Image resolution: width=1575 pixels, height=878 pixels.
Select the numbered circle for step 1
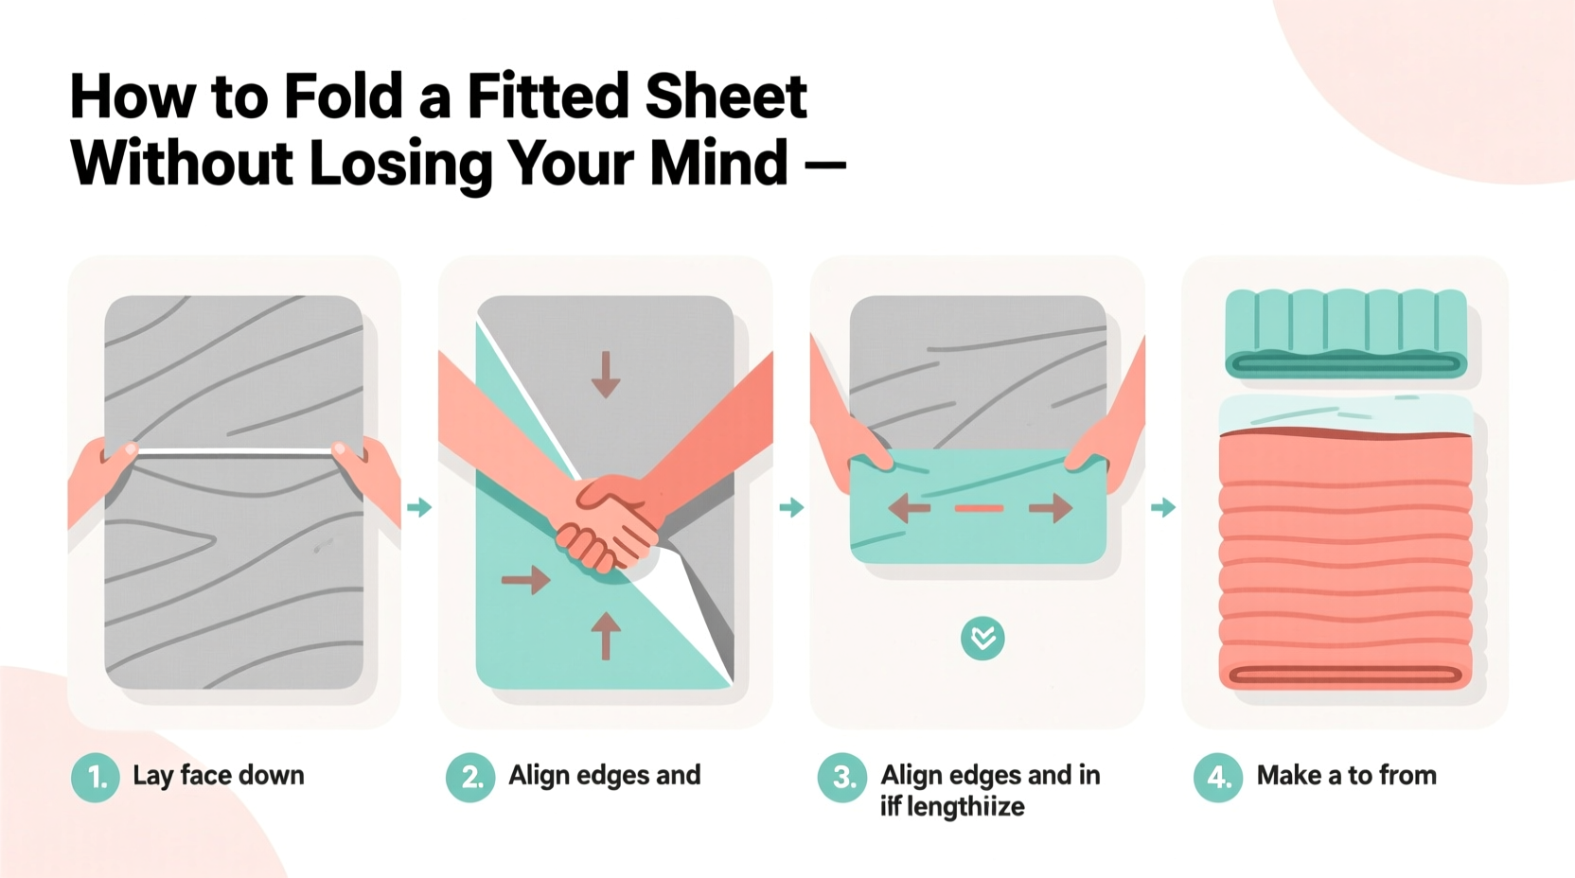[96, 778]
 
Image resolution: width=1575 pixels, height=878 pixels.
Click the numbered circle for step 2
[470, 778]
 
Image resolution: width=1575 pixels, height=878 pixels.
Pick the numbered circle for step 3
[842, 778]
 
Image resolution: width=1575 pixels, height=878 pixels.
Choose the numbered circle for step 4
[1218, 778]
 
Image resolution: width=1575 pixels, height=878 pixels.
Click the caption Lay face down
[219, 776]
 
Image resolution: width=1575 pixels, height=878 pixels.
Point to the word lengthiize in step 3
[964, 807]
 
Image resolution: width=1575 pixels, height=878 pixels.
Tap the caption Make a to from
[1346, 776]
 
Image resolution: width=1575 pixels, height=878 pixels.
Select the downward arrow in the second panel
[606, 375]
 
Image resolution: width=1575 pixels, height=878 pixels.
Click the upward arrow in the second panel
[606, 635]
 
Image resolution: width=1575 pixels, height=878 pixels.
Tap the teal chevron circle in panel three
[982, 639]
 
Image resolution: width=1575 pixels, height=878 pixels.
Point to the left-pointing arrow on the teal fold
[910, 509]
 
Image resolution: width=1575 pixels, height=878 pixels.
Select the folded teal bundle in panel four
[1346, 334]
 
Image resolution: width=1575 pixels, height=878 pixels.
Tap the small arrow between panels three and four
[1163, 508]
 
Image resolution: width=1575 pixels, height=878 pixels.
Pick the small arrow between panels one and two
[419, 508]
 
